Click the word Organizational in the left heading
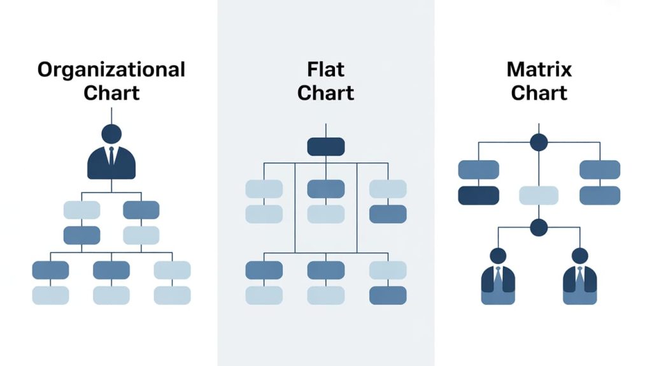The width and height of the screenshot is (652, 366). (111, 69)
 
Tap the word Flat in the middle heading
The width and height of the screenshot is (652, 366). (325, 69)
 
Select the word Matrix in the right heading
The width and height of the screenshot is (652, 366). (539, 69)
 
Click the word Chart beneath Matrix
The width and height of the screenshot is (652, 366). (539, 92)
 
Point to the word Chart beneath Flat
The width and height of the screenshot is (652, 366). (325, 92)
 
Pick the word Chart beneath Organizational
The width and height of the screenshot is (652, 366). (111, 92)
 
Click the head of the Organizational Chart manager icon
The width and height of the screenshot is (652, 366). (111, 134)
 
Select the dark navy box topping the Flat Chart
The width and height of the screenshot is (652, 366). (326, 147)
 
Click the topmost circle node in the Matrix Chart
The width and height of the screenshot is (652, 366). (539, 142)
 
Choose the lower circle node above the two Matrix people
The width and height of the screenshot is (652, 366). (539, 227)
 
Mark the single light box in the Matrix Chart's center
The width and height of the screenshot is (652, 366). (539, 195)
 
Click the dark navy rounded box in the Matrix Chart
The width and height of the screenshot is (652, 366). (478, 195)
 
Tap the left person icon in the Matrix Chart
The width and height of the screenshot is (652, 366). (498, 277)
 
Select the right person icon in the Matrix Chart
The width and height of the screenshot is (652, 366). (579, 277)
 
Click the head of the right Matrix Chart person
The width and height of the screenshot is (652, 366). (579, 256)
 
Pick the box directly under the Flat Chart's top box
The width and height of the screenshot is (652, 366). (326, 189)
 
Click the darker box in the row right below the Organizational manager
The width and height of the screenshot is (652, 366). (141, 210)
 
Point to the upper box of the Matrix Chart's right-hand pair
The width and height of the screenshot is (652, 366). (599, 170)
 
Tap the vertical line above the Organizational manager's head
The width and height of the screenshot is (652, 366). (111, 115)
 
